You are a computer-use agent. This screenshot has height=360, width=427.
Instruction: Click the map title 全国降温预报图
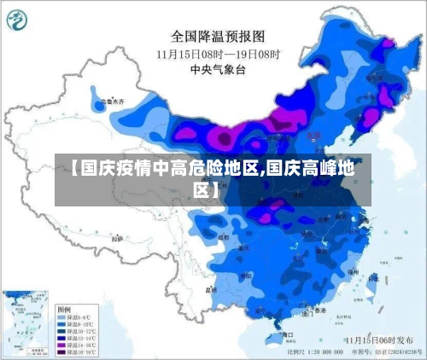click(219, 36)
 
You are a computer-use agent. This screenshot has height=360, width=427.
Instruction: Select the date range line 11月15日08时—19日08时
click(219, 53)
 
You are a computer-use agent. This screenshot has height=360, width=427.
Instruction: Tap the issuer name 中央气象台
click(219, 69)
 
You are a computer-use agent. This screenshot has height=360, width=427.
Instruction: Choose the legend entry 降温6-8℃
click(79, 316)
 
